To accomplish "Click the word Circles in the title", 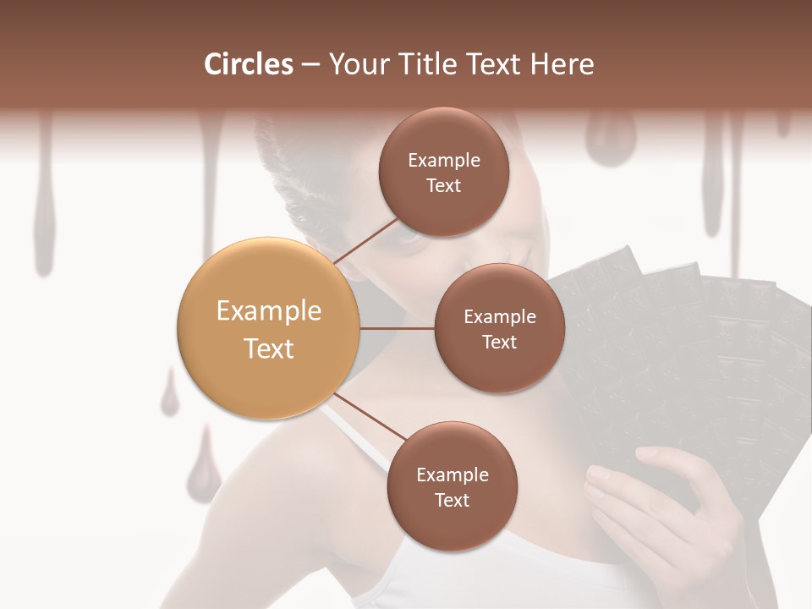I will (249, 64).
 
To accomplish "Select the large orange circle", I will (269, 328).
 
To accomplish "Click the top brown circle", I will (443, 172).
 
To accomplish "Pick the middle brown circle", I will (499, 328).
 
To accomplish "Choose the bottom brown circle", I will (452, 486).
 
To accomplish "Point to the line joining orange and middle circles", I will (398, 328).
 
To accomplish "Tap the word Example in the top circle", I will (443, 160).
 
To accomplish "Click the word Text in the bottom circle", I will (452, 500).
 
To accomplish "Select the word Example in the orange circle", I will (269, 311).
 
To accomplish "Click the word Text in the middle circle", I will (499, 342).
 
